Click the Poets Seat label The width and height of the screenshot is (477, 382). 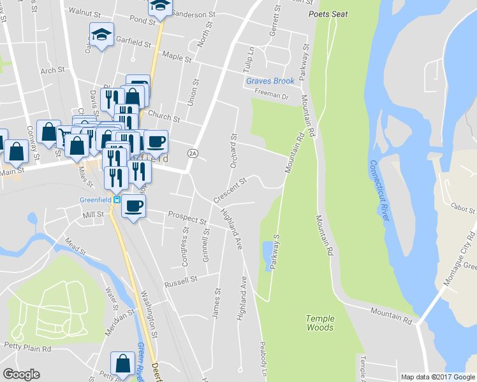(x=328, y=14)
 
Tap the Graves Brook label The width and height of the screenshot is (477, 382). (x=270, y=81)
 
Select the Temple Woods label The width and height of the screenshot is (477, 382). (x=319, y=323)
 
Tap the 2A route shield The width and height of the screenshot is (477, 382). (x=192, y=153)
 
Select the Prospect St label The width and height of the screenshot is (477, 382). (x=187, y=219)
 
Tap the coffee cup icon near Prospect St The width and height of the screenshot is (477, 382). (x=133, y=206)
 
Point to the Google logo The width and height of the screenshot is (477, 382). (x=21, y=374)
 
